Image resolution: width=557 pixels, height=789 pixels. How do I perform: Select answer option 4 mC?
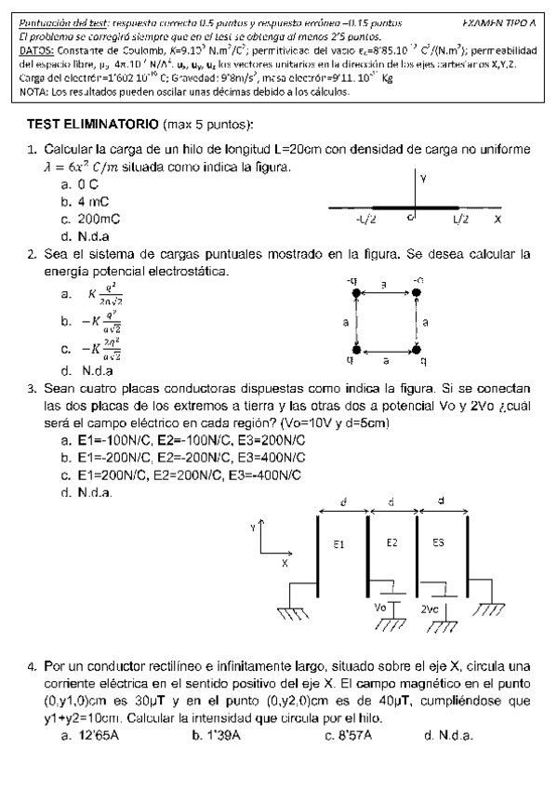click(x=94, y=201)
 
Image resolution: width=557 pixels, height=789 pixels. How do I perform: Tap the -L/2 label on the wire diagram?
click(x=365, y=220)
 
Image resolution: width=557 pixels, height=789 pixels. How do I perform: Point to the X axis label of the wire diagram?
click(x=497, y=220)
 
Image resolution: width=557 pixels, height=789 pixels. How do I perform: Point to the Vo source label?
click(x=379, y=607)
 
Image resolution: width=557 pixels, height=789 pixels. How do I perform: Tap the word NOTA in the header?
click(x=32, y=91)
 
